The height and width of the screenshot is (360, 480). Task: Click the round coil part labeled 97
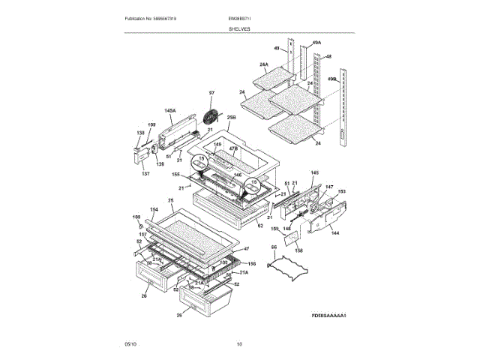[x=213, y=118]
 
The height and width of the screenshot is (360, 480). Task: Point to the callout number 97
[x=211, y=94]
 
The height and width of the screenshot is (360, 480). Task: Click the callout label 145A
[x=171, y=111]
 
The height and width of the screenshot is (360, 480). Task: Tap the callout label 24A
[x=263, y=64]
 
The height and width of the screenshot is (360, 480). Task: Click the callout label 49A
[x=316, y=43]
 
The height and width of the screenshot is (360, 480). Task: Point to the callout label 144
[x=334, y=234]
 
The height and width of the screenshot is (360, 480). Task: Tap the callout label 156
[x=252, y=264]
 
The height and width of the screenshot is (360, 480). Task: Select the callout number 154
[x=154, y=210]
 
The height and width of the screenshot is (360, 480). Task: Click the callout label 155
[x=176, y=175]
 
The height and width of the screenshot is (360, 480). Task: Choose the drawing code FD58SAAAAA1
[x=333, y=316]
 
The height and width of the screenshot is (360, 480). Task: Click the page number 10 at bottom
[x=239, y=344]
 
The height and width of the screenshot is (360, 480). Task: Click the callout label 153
[x=341, y=192]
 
